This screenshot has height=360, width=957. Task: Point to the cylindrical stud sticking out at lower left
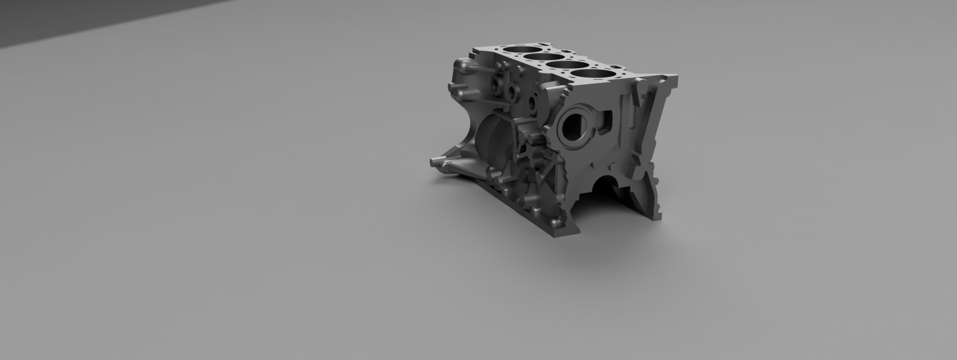[437, 162]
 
